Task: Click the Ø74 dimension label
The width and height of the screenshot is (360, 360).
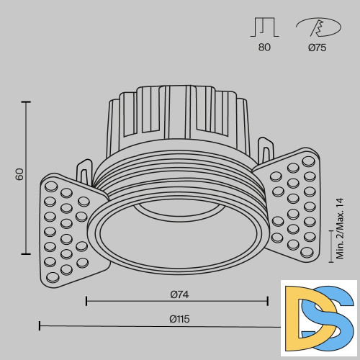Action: (x=179, y=294)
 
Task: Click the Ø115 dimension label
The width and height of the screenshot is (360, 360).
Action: (x=179, y=319)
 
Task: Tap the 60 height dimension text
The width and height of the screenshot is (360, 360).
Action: (x=20, y=174)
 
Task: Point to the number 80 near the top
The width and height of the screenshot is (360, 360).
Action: (x=264, y=48)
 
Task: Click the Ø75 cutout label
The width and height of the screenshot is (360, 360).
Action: (x=317, y=48)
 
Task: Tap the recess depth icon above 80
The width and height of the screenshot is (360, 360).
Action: (x=264, y=28)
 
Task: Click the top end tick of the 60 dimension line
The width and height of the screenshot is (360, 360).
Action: (x=27, y=103)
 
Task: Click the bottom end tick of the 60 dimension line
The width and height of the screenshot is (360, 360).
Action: (x=27, y=253)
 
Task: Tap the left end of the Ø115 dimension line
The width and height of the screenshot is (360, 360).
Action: (x=40, y=326)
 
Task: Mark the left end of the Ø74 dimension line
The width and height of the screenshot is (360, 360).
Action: (x=86, y=302)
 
